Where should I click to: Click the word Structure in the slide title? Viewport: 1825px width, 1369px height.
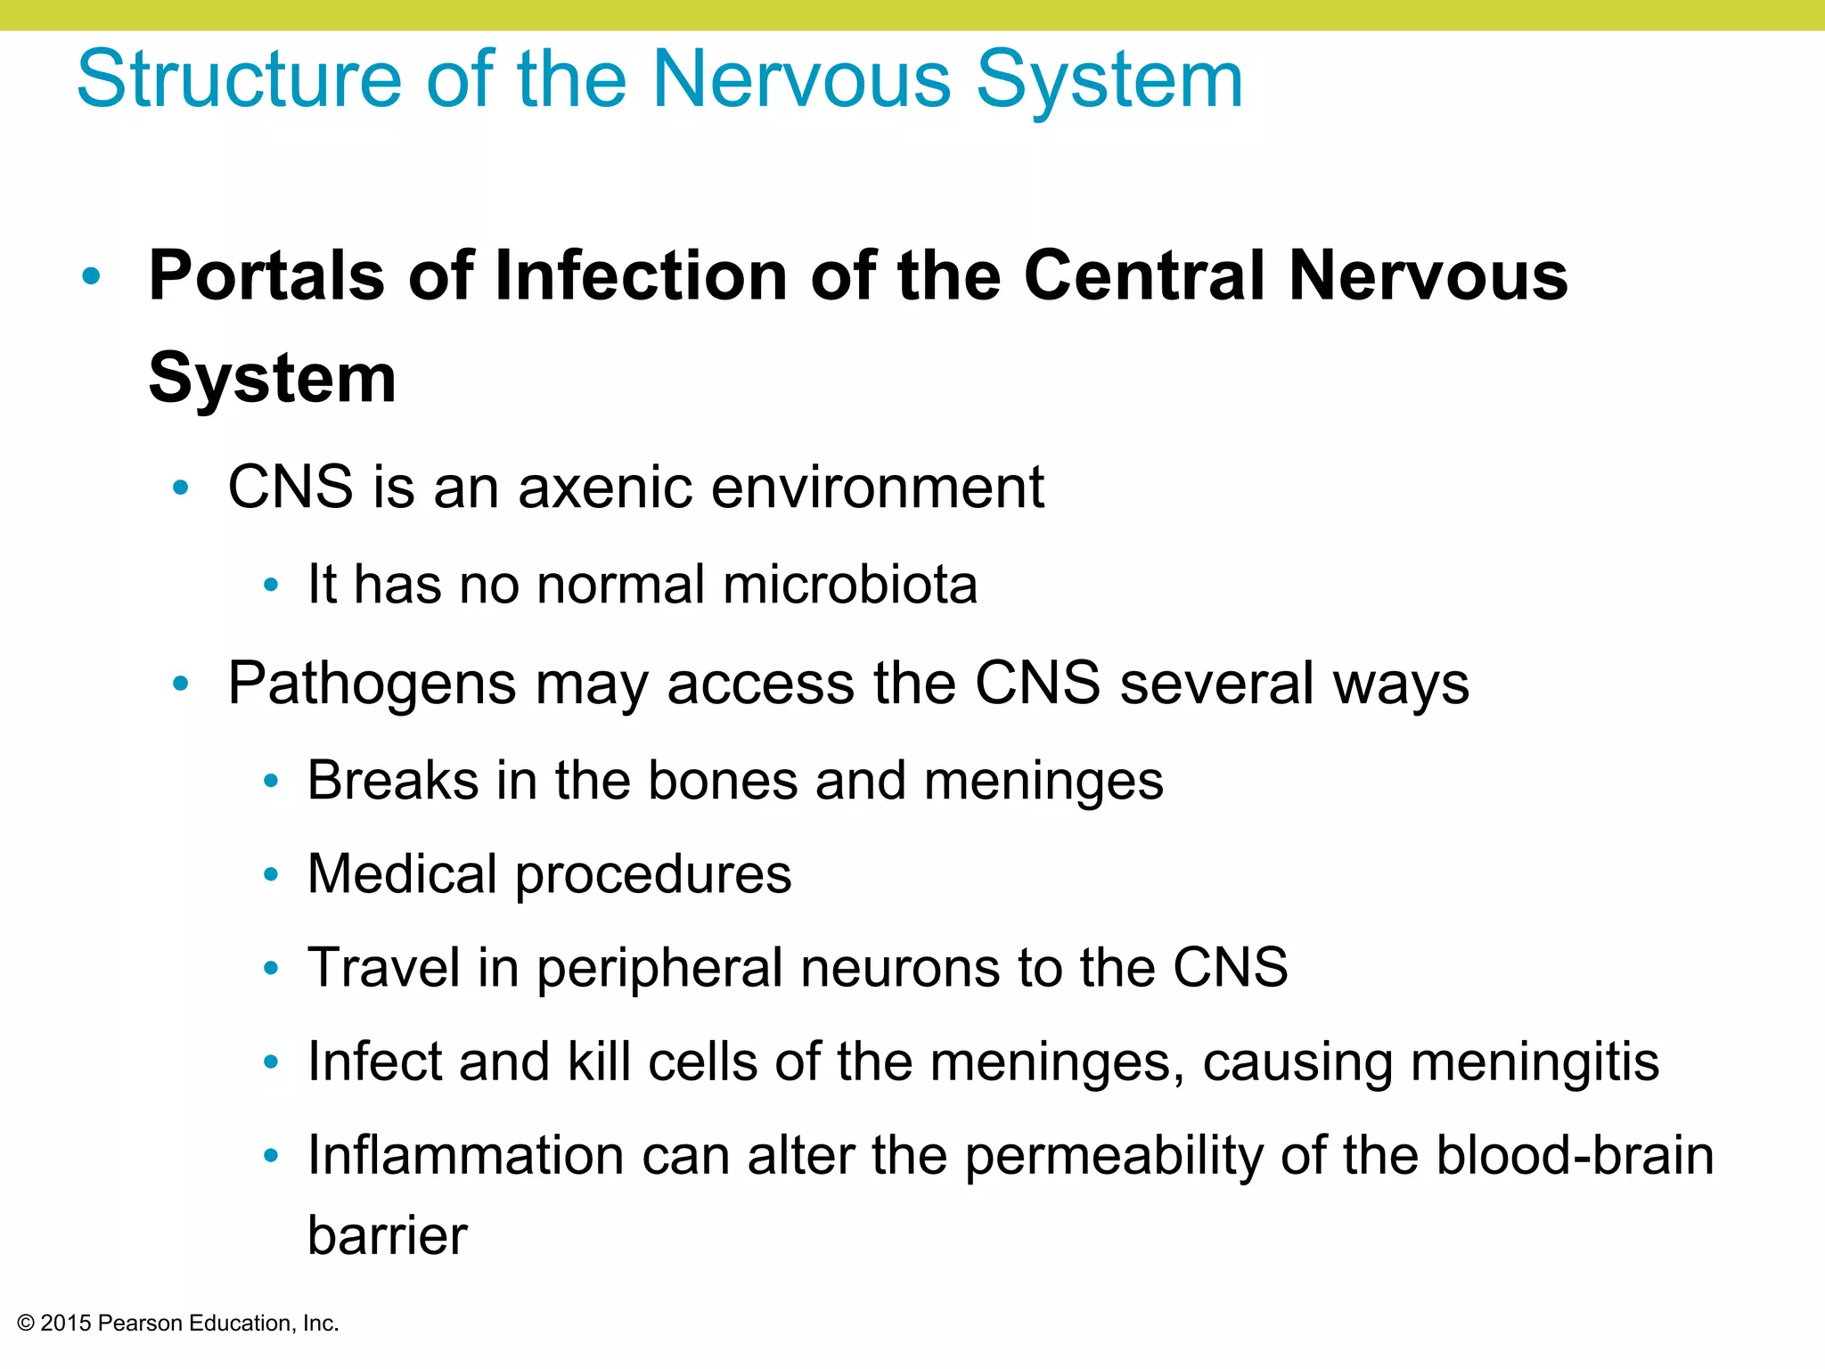coord(239,80)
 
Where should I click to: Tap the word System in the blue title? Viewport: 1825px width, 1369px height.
coord(1109,80)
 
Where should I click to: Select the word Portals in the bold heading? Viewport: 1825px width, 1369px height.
coord(266,275)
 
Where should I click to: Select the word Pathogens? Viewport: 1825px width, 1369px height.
coord(372,684)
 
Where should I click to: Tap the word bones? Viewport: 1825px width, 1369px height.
coord(721,781)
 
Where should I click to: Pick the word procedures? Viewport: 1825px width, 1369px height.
coord(653,875)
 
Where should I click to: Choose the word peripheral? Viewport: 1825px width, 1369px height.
coord(659,969)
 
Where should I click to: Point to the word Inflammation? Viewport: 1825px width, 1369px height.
coord(465,1156)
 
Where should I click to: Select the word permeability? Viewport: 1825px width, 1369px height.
coord(1114,1157)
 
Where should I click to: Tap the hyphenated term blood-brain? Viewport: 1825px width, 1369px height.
coord(1575,1156)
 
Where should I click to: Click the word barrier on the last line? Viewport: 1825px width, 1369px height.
coord(387,1236)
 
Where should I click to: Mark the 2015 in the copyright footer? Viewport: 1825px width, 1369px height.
coord(66,1324)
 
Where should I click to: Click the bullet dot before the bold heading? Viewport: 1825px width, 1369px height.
coord(91,276)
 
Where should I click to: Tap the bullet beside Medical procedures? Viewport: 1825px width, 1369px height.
coord(272,874)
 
